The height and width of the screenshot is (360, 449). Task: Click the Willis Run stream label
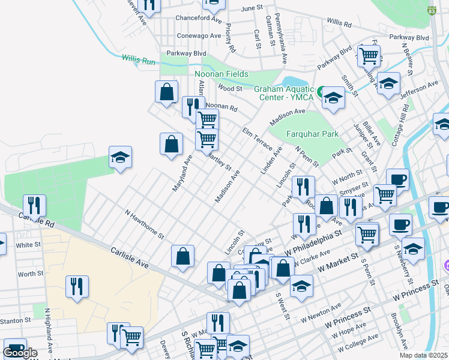tap(139, 59)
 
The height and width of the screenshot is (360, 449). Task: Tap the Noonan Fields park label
tap(221, 74)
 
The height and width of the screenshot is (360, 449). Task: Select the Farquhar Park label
tap(313, 134)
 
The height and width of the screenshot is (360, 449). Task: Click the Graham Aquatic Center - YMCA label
tap(285, 93)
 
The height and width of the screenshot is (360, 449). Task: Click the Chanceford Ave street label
tap(198, 19)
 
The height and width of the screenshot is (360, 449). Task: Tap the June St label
tap(252, 9)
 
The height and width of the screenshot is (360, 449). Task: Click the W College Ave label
tap(360, 344)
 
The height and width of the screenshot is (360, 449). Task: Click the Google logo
tap(20, 353)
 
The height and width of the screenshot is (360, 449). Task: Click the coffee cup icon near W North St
tap(397, 179)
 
